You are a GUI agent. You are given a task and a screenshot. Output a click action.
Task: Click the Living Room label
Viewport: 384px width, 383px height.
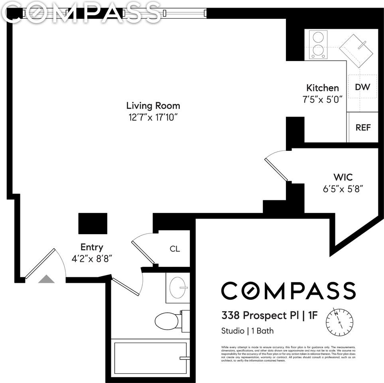[153, 106]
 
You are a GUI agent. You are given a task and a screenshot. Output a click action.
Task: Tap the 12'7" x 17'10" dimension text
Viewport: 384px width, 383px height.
[153, 118]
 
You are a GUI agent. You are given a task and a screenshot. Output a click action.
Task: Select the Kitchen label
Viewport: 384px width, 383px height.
[322, 88]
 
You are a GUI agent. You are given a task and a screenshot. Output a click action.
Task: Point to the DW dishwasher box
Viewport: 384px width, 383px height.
[362, 87]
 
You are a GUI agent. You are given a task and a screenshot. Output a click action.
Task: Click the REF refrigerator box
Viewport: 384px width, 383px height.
[363, 128]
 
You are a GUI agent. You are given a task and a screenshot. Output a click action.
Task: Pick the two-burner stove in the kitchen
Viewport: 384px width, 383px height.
[318, 44]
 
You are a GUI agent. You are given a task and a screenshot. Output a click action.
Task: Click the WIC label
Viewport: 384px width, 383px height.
[343, 177]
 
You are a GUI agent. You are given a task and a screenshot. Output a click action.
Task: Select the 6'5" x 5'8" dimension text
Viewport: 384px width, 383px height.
[343, 188]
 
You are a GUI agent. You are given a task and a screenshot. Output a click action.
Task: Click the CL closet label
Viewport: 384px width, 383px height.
[175, 249]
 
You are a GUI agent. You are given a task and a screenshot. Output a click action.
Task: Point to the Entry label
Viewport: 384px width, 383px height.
[92, 247]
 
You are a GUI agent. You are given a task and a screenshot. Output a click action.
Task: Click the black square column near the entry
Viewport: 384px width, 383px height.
[93, 223]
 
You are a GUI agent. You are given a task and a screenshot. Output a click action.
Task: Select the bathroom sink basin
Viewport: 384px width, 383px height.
[177, 287]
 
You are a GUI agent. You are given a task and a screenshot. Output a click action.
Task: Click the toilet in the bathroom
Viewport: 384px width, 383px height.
[169, 320]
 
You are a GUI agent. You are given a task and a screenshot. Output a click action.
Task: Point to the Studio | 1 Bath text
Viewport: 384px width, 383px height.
[247, 331]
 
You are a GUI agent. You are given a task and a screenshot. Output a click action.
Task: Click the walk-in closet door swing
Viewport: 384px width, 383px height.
[276, 166]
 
